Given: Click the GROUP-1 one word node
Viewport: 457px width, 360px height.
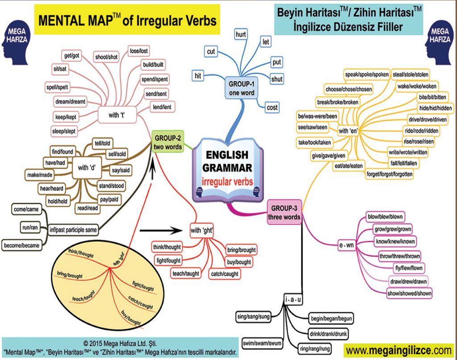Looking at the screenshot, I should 241,88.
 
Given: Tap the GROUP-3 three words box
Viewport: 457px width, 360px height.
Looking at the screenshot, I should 284,212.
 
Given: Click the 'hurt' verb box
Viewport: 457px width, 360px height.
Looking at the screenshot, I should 242,33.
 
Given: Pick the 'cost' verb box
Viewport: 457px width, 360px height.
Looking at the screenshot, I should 272,108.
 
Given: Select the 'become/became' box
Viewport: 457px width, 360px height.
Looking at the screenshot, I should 22,245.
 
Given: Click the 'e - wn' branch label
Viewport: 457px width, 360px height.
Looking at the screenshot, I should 346,246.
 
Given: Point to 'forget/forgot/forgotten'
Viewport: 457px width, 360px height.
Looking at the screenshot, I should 389,174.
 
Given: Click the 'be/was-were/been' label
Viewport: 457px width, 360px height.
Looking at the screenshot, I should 318,117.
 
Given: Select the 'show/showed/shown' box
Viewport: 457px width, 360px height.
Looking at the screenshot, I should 409,293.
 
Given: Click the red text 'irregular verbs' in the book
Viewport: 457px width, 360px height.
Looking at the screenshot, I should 227,182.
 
